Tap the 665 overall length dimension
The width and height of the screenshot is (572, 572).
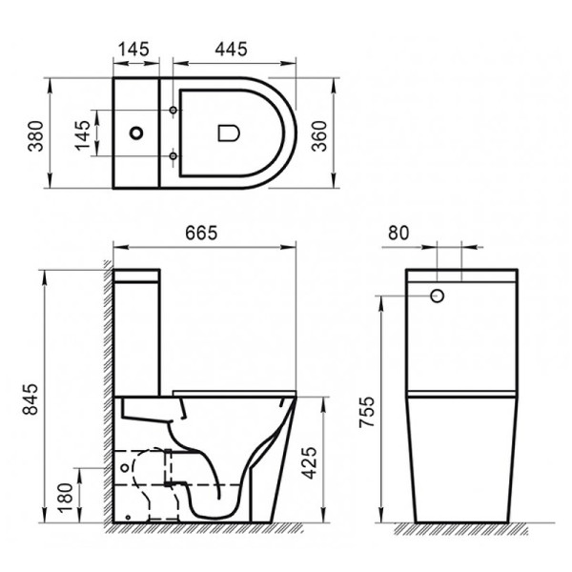[x=203, y=233]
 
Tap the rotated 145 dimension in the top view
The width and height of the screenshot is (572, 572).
[x=86, y=134]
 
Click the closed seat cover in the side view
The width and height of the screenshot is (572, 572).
[x=234, y=390]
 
